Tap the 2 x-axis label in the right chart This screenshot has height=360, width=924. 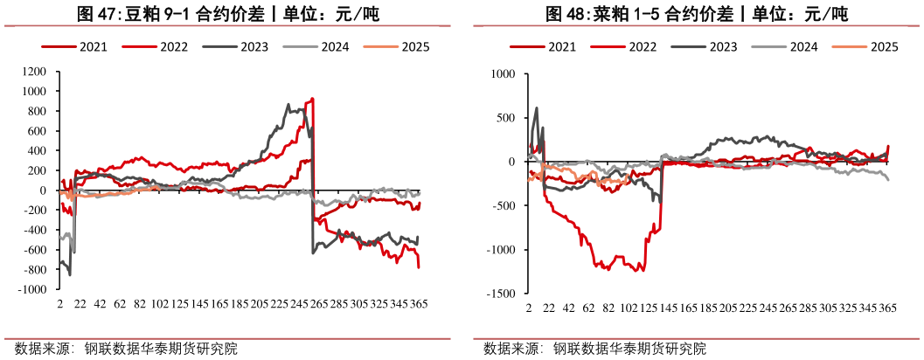pyautogui.click(x=529, y=310)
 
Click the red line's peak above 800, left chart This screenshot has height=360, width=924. pyautogui.click(x=313, y=99)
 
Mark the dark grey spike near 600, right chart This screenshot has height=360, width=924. pyautogui.click(x=536, y=108)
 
